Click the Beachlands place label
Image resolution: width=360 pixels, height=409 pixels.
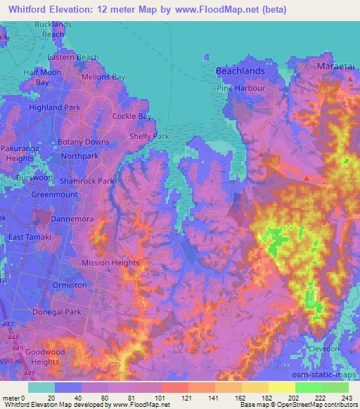(240, 72)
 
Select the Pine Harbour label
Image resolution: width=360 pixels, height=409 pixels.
(241, 89)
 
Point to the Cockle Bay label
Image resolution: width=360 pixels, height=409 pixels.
(132, 116)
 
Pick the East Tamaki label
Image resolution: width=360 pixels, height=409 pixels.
(29, 238)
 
